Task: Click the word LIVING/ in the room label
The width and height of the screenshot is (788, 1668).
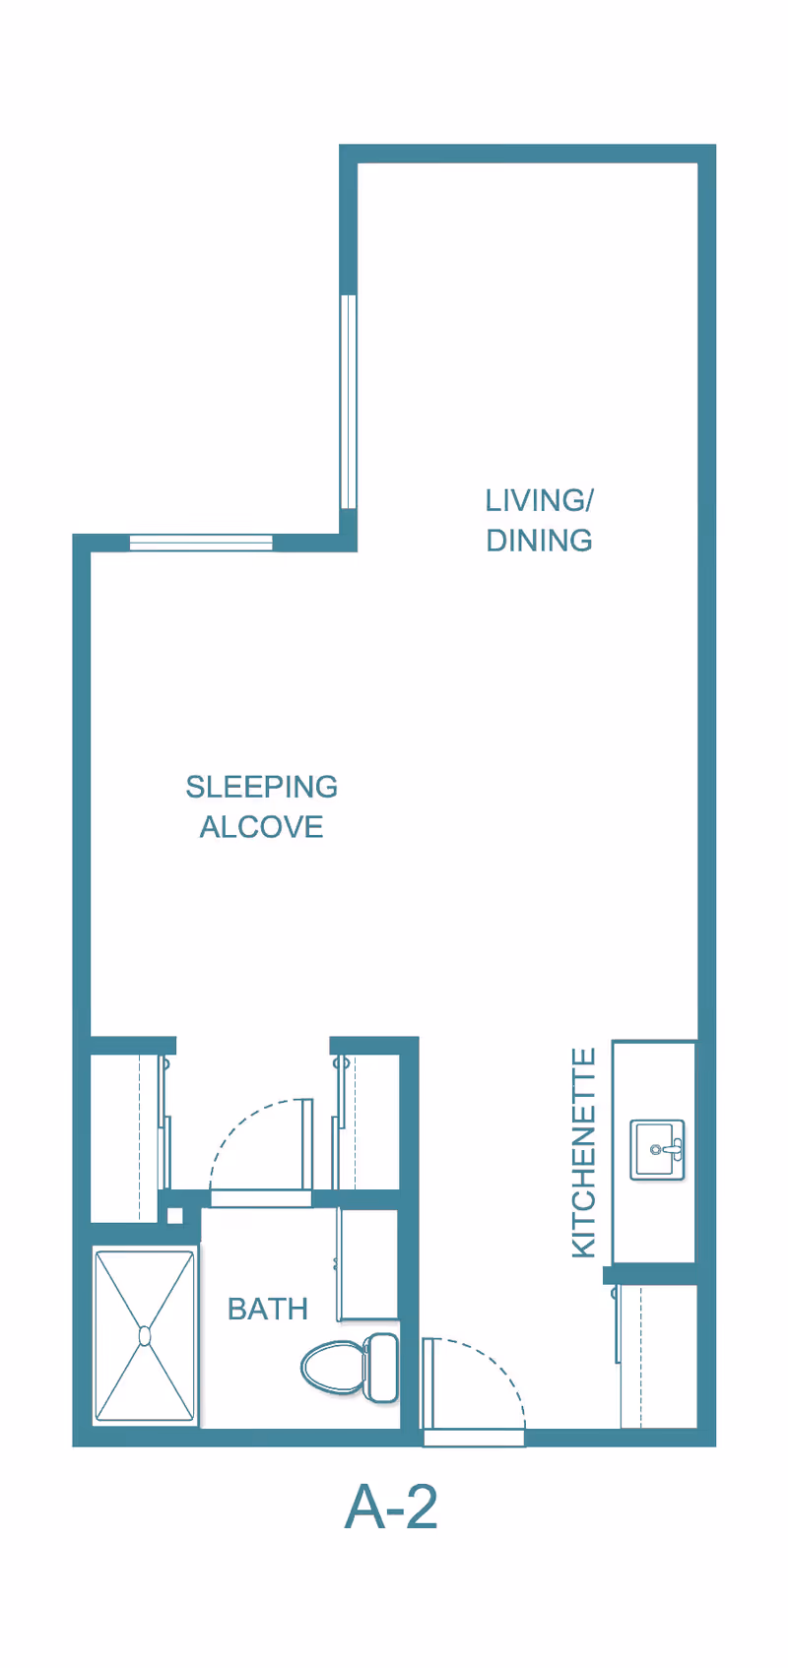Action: (539, 500)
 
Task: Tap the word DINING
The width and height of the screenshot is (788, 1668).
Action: (539, 541)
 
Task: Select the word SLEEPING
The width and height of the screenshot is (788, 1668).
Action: (261, 787)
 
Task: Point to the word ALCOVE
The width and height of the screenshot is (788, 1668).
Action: (261, 827)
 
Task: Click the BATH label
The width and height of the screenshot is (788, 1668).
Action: (267, 1309)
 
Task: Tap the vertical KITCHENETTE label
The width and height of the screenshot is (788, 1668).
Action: (584, 1153)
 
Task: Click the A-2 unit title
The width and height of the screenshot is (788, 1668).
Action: (391, 1507)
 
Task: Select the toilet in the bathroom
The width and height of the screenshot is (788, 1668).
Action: (350, 1368)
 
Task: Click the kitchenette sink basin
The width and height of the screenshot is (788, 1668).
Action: (657, 1150)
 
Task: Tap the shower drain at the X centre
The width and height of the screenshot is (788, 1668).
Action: (145, 1336)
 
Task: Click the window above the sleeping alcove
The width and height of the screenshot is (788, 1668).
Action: (201, 543)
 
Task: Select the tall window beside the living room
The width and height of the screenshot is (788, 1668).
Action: (348, 402)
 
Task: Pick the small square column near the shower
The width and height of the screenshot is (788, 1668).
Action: (174, 1216)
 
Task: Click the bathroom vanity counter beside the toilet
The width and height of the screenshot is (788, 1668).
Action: (368, 1263)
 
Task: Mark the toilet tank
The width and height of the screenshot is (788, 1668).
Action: (383, 1368)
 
